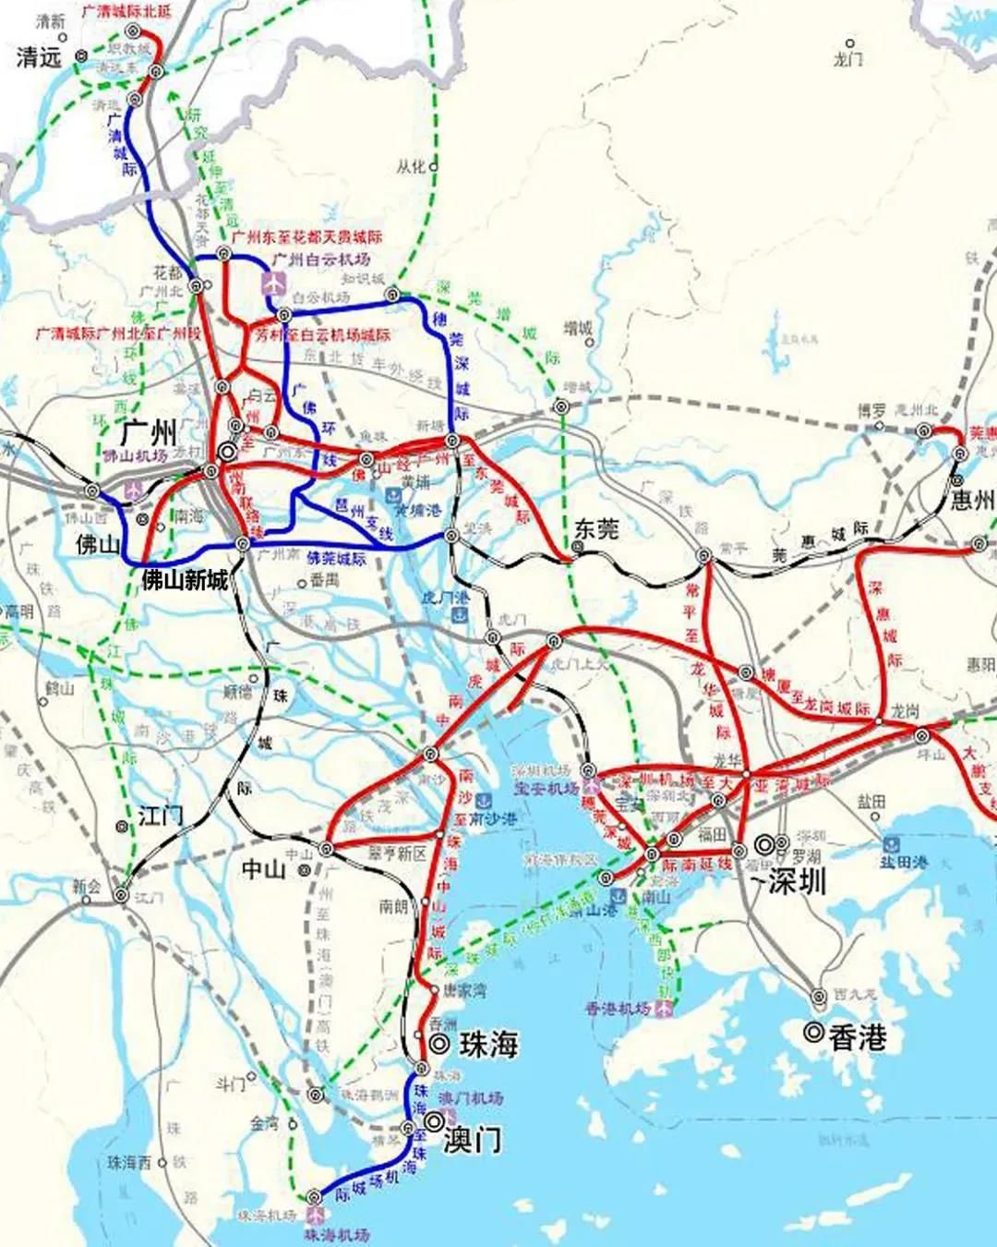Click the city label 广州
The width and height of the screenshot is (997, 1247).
[149, 431]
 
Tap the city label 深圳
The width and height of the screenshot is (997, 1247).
[797, 880]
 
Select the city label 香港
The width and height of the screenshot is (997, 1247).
[857, 1037]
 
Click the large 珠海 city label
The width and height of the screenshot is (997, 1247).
[488, 1045]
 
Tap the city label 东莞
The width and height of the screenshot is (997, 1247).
[596, 528]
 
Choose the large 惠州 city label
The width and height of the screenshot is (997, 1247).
[973, 500]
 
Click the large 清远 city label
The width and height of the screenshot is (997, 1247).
[38, 57]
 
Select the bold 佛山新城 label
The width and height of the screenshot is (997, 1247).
[184, 580]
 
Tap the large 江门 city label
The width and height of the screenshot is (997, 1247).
[161, 815]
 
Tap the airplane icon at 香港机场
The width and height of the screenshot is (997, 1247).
[663, 1009]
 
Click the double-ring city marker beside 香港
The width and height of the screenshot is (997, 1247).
[812, 1033]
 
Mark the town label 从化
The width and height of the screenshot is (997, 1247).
[411, 167]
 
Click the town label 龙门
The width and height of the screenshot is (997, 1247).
[847, 59]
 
